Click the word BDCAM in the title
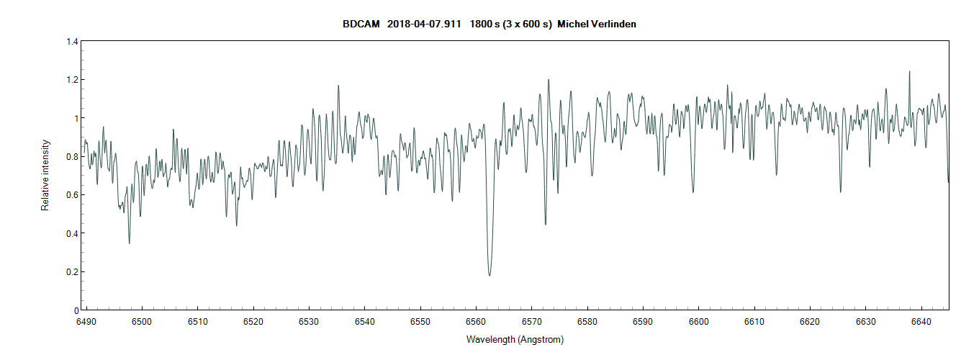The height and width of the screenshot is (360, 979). [x=361, y=24]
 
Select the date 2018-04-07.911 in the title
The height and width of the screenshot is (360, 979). [x=424, y=24]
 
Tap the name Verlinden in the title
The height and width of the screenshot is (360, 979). [x=611, y=24]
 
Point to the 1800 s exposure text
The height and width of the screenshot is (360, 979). [x=487, y=24]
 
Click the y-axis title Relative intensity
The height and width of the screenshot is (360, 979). [x=45, y=175]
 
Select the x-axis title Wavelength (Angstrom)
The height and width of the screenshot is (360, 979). [x=515, y=340]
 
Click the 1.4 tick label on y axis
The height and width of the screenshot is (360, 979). [x=72, y=42]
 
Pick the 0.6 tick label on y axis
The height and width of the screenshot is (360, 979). [x=72, y=195]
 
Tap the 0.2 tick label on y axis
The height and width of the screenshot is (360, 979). [x=72, y=272]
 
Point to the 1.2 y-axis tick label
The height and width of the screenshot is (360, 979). [x=72, y=80]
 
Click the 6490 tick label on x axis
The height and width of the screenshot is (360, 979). [x=86, y=321]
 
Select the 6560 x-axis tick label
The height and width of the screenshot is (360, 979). [x=476, y=321]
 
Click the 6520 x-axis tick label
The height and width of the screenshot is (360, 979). [x=253, y=321]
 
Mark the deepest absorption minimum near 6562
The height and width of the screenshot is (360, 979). [x=489, y=275]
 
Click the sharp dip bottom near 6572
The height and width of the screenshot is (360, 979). [x=545, y=224]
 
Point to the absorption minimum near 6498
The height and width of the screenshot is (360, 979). [x=130, y=243]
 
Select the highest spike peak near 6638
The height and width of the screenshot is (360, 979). [x=909, y=72]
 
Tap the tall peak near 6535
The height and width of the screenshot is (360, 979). [x=338, y=86]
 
